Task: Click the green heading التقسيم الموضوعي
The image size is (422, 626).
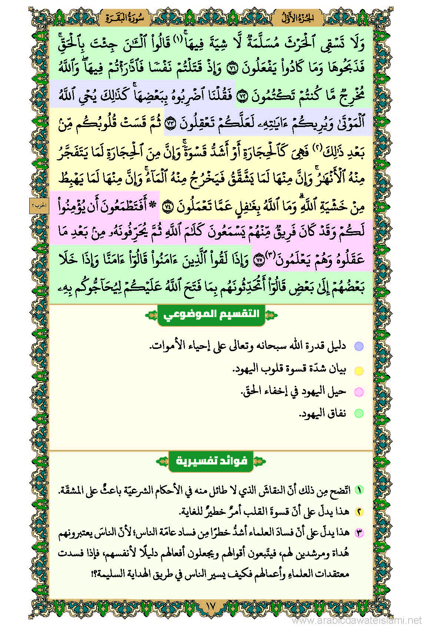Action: point(211,315)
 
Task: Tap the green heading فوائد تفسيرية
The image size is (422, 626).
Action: point(211,461)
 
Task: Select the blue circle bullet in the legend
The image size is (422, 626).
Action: point(359,347)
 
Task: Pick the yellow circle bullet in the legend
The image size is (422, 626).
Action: point(359,370)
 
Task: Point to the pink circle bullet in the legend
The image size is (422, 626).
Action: point(359,392)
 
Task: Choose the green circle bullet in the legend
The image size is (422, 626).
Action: point(359,413)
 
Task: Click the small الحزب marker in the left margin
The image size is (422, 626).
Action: point(39,206)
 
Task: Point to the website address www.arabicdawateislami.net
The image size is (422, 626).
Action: point(357,620)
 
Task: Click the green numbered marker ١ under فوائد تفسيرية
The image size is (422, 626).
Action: point(359,490)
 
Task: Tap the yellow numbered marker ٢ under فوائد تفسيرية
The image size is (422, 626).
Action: point(359,512)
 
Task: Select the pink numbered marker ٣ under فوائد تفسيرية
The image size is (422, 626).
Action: point(359,533)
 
